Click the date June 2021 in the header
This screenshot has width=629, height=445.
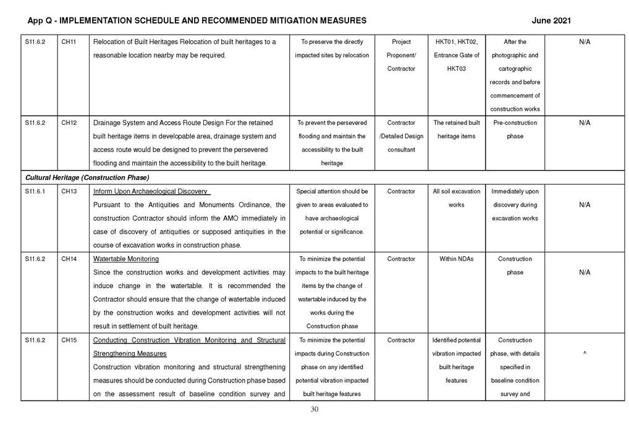coord(551,20)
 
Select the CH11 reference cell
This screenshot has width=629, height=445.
coord(69,42)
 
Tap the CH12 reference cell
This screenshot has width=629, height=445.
coord(69,123)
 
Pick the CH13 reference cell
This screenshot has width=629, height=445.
coord(69,192)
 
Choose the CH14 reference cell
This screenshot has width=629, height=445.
coord(69,259)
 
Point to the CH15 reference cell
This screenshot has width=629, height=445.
coord(69,340)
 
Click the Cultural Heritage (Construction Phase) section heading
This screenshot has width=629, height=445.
coord(87,177)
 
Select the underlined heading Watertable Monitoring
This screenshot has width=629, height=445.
coord(125,259)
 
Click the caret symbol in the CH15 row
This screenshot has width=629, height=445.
coord(584,354)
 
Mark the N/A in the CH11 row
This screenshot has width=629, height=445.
coord(584,42)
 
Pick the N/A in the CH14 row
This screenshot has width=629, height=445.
coord(584,273)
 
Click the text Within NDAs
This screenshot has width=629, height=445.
coord(456,259)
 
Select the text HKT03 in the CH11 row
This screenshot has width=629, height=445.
coord(456,69)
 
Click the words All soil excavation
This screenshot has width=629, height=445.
coord(456,192)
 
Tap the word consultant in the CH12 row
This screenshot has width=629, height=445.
coord(401,150)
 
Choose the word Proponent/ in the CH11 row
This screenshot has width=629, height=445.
coord(401,56)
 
